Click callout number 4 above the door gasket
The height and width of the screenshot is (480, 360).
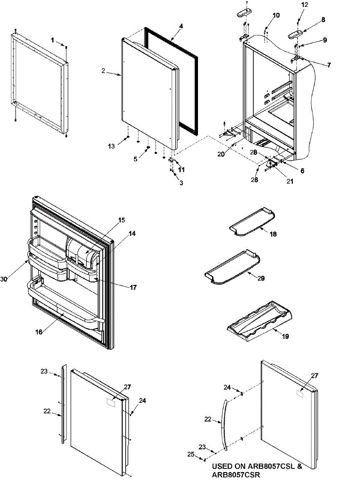(181, 26)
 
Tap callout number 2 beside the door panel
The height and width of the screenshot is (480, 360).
(103, 71)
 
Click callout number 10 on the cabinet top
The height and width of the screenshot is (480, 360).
(276, 16)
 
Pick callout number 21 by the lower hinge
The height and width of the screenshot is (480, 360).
(290, 181)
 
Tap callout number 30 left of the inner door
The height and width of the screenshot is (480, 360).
(4, 279)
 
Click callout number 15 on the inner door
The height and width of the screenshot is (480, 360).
(122, 220)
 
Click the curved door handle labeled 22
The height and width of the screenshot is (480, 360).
(223, 424)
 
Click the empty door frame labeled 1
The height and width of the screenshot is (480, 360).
(40, 82)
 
